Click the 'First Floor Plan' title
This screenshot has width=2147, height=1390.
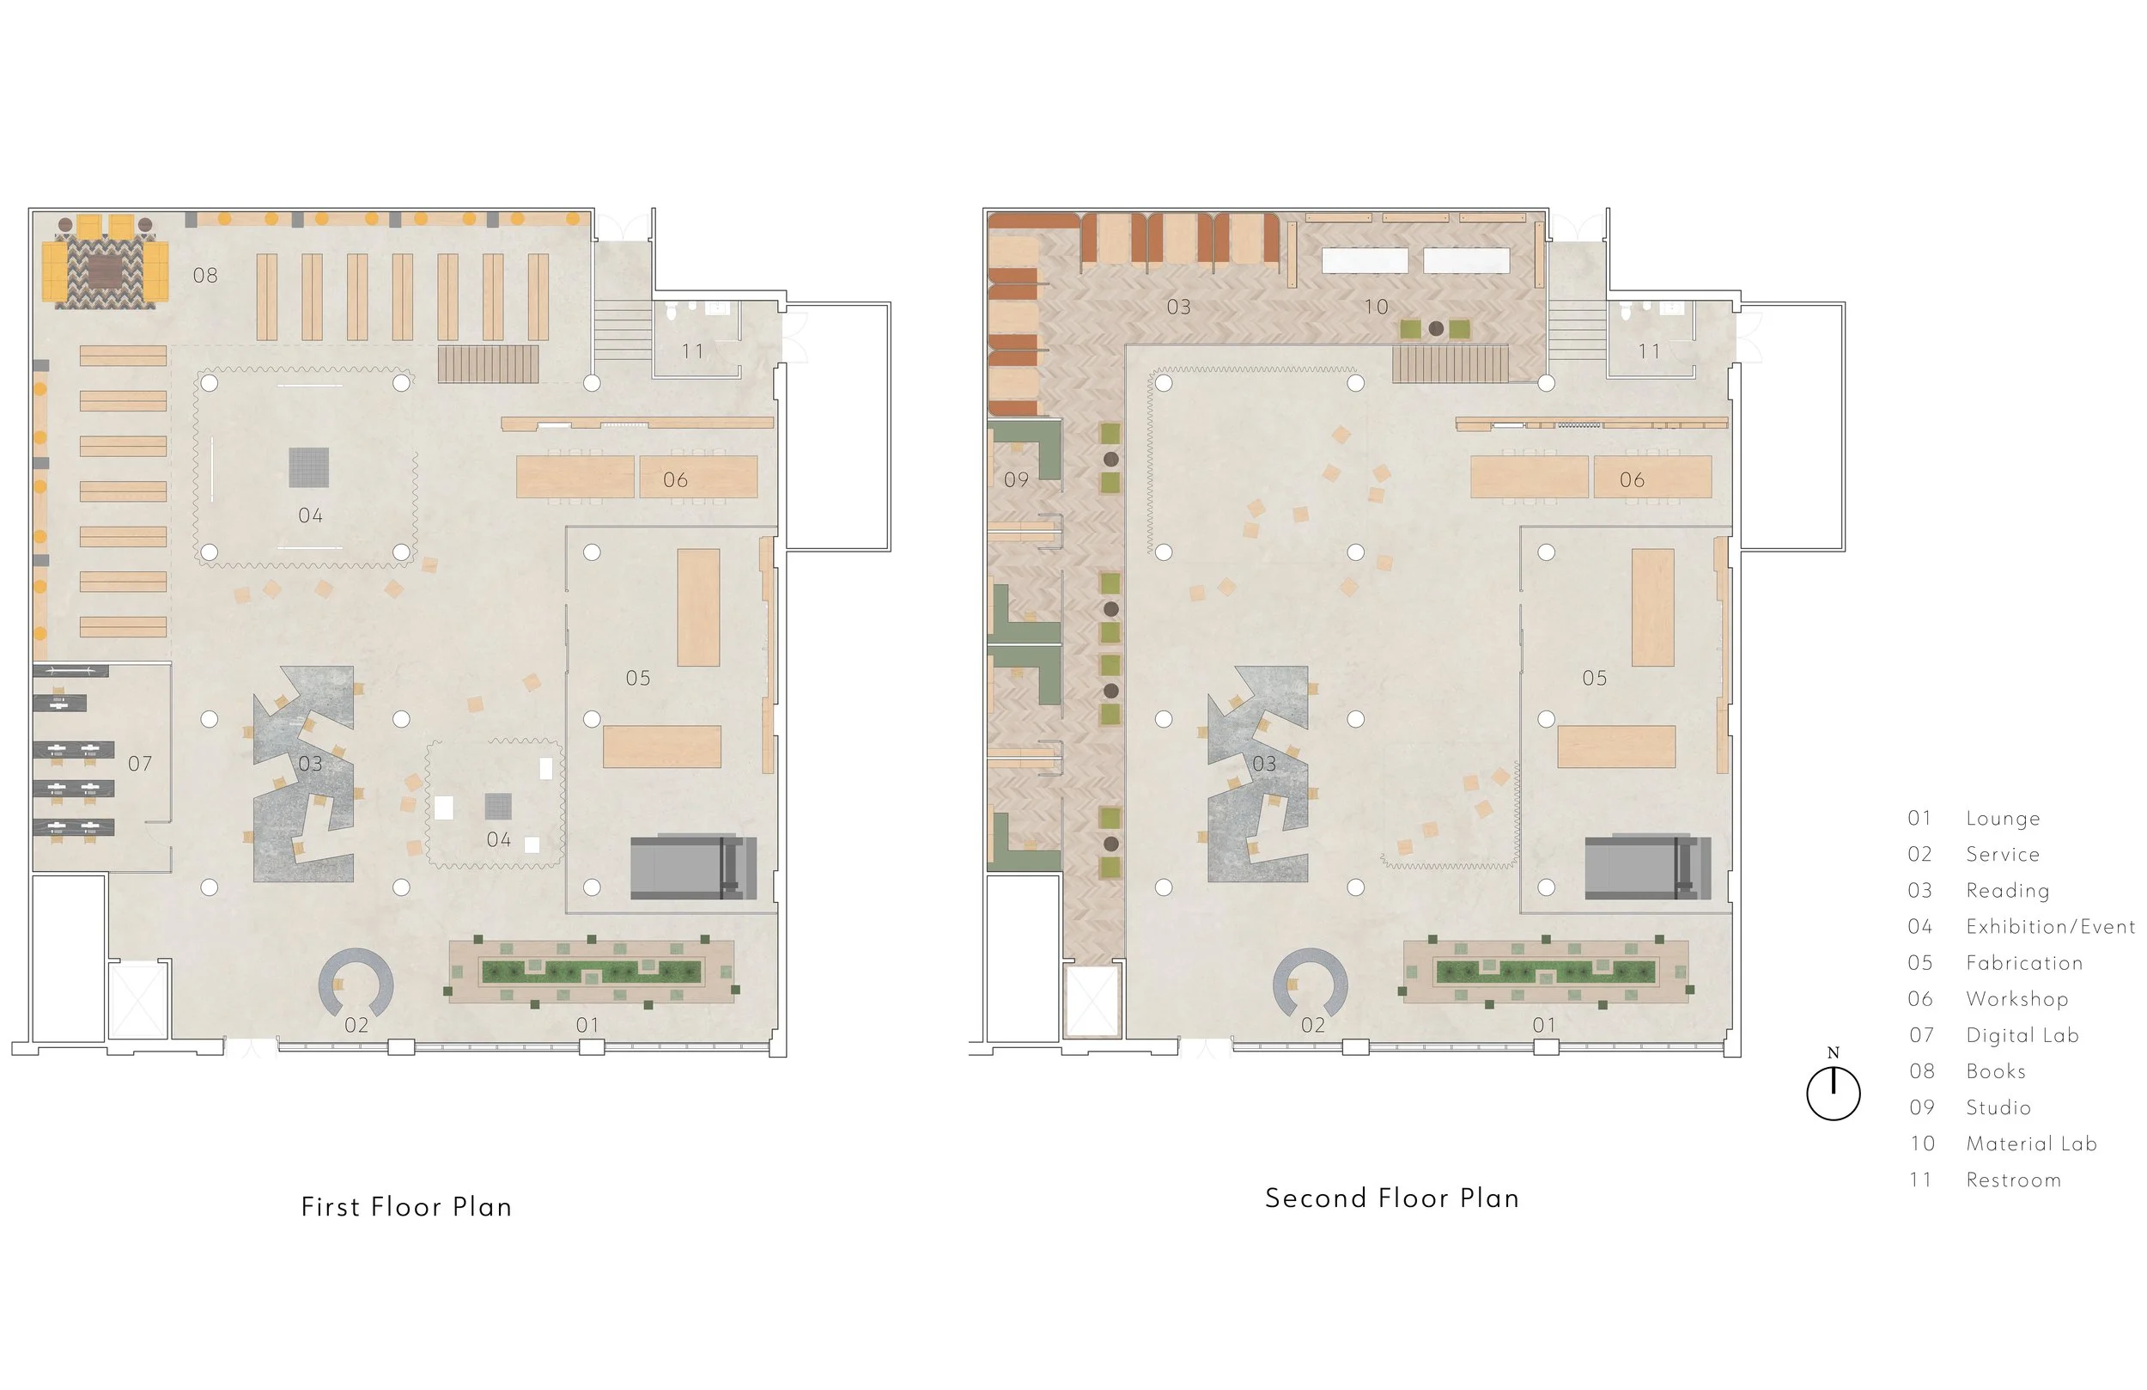[406, 1207]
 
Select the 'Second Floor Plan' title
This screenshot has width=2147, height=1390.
[1391, 1198]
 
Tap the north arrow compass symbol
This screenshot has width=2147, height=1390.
[1833, 1092]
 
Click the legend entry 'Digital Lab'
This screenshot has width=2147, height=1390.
[2022, 1035]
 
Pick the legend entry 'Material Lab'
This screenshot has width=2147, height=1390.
[2032, 1143]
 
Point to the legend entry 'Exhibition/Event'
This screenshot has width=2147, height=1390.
[2051, 927]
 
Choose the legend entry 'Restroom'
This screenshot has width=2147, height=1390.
[2014, 1180]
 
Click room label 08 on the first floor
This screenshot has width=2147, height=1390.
[205, 275]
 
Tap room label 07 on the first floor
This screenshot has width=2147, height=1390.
[140, 764]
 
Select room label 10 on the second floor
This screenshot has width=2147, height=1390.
[1376, 307]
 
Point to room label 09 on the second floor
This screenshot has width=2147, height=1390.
[1017, 480]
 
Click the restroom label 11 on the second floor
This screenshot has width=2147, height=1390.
[1649, 351]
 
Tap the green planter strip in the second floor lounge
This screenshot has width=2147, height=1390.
[1545, 972]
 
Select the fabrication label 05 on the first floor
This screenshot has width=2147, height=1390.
[638, 678]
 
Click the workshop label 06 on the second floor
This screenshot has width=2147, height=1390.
[1632, 480]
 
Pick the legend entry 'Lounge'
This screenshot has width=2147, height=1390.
[2003, 819]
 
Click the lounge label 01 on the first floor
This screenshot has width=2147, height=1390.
[587, 1026]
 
